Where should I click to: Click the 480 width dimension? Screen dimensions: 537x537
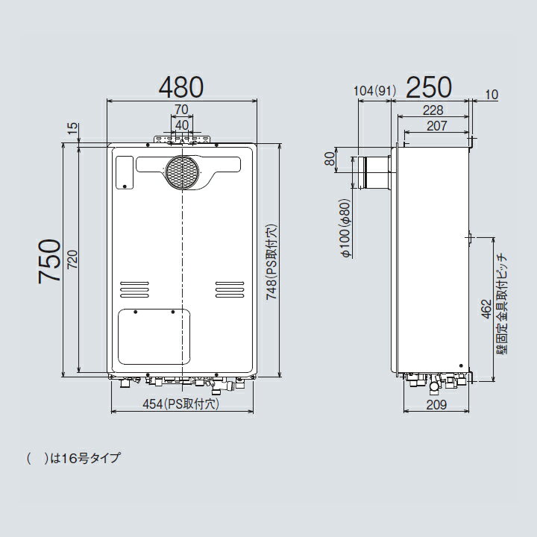click(x=181, y=87)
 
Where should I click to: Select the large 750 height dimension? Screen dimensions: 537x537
click(x=49, y=261)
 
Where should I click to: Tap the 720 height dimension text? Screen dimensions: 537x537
click(x=72, y=260)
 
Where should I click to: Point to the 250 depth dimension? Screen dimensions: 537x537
click(x=429, y=87)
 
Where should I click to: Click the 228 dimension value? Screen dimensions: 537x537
click(x=433, y=110)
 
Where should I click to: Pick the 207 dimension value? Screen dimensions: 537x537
click(x=436, y=126)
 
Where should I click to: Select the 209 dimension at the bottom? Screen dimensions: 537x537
click(x=436, y=405)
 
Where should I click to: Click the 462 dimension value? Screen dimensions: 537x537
click(x=486, y=310)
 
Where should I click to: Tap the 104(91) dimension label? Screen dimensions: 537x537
click(x=374, y=91)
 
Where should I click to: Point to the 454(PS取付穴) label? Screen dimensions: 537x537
click(x=180, y=404)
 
